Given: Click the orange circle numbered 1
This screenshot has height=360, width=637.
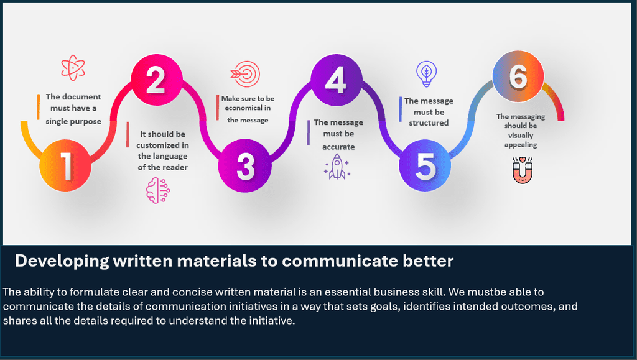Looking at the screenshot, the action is tap(65, 165).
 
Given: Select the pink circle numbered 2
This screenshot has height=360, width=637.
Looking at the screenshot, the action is tap(156, 80).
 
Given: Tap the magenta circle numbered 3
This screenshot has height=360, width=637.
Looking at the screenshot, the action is tap(245, 165).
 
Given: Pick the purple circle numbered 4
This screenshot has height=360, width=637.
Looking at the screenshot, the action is tap(337, 80).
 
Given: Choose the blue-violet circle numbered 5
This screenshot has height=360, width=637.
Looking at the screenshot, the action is tap(425, 165).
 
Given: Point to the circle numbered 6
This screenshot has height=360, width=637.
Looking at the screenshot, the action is tap(518, 76).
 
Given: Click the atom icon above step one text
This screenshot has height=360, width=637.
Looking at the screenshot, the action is tap(73, 68).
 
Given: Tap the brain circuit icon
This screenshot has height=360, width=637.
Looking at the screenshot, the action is tap(158, 190).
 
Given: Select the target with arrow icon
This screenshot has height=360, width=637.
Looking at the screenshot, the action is tap(245, 74).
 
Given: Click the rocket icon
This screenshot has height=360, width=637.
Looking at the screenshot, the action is tap(337, 167).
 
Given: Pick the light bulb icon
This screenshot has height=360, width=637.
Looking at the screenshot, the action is tap(426, 74).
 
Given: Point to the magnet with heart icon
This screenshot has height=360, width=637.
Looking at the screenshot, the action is tap(523, 170).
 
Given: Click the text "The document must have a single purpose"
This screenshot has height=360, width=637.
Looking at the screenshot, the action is tap(73, 109).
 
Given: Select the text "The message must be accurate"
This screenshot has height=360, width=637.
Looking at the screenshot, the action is tap(338, 134).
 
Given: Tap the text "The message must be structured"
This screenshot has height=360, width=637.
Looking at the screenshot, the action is tap(429, 112).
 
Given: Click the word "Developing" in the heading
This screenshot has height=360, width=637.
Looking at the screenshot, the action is tap(62, 261).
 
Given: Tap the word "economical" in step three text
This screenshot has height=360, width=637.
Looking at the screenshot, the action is tap(242, 108).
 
